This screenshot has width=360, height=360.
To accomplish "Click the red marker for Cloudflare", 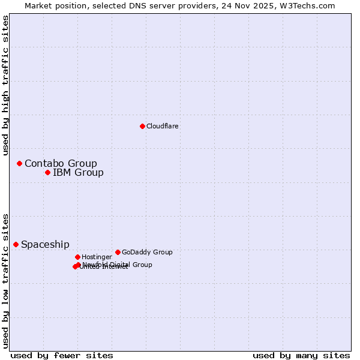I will pos(142,126).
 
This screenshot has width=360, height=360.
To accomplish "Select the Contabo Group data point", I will pos(19,163).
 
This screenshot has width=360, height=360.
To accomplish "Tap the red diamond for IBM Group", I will pos(47,173).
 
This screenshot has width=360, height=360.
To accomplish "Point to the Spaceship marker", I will pos(16,244).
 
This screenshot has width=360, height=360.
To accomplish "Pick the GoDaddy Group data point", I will pos(118,252).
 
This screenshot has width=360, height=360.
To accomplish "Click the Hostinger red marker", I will pos(77,257).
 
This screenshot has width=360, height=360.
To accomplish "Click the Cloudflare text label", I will pos(163,126).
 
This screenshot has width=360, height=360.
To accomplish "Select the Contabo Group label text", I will pos(61,163).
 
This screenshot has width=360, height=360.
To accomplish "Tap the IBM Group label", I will pos(78,173).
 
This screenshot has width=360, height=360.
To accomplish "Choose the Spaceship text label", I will pos(45,244).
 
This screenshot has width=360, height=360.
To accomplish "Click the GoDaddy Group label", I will pos(147,252).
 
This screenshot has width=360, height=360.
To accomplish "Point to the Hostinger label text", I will pos(97,257).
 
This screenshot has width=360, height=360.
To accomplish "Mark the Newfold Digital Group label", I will pos(118,264).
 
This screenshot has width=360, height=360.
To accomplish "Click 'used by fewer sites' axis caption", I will pos(62,355).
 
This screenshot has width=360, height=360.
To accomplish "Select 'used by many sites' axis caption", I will pos(301,355).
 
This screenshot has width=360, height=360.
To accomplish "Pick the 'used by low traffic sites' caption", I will pos(6,281).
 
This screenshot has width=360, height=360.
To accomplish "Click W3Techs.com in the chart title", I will pos(309,5).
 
